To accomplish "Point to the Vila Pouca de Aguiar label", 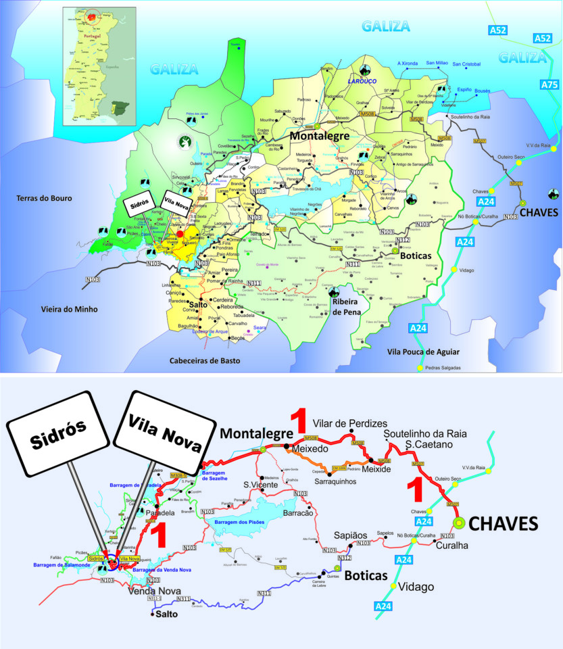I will click(x=423, y=352).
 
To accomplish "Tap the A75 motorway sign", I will click(x=550, y=85).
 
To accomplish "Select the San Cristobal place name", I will click(x=466, y=64).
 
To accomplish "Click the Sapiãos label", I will click(x=351, y=534).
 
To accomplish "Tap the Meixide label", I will click(x=377, y=469).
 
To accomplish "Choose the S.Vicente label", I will click(x=260, y=483).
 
